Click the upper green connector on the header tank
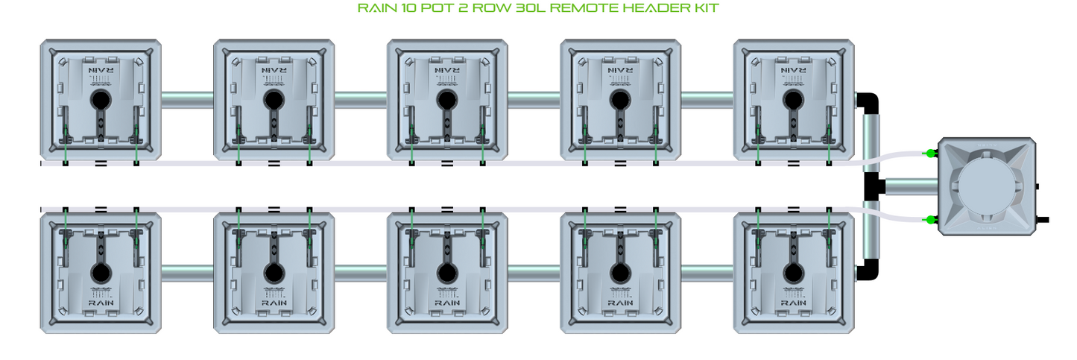click(x=930, y=154)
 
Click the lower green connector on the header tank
click(x=930, y=220)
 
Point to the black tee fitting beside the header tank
click(x=873, y=186)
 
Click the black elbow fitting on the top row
click(x=868, y=103)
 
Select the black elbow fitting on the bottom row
click(x=868, y=270)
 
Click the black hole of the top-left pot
click(x=101, y=100)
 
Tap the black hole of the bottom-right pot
click(x=793, y=273)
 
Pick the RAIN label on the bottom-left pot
click(x=101, y=303)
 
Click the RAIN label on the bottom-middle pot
click(x=447, y=303)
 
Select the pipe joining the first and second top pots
click(x=188, y=100)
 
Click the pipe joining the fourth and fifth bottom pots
click(x=707, y=273)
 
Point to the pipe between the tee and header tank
click(x=912, y=186)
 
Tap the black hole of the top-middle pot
click(x=447, y=100)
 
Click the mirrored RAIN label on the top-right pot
click(x=793, y=70)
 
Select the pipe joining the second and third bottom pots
click(x=361, y=273)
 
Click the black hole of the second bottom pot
click(x=274, y=273)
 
